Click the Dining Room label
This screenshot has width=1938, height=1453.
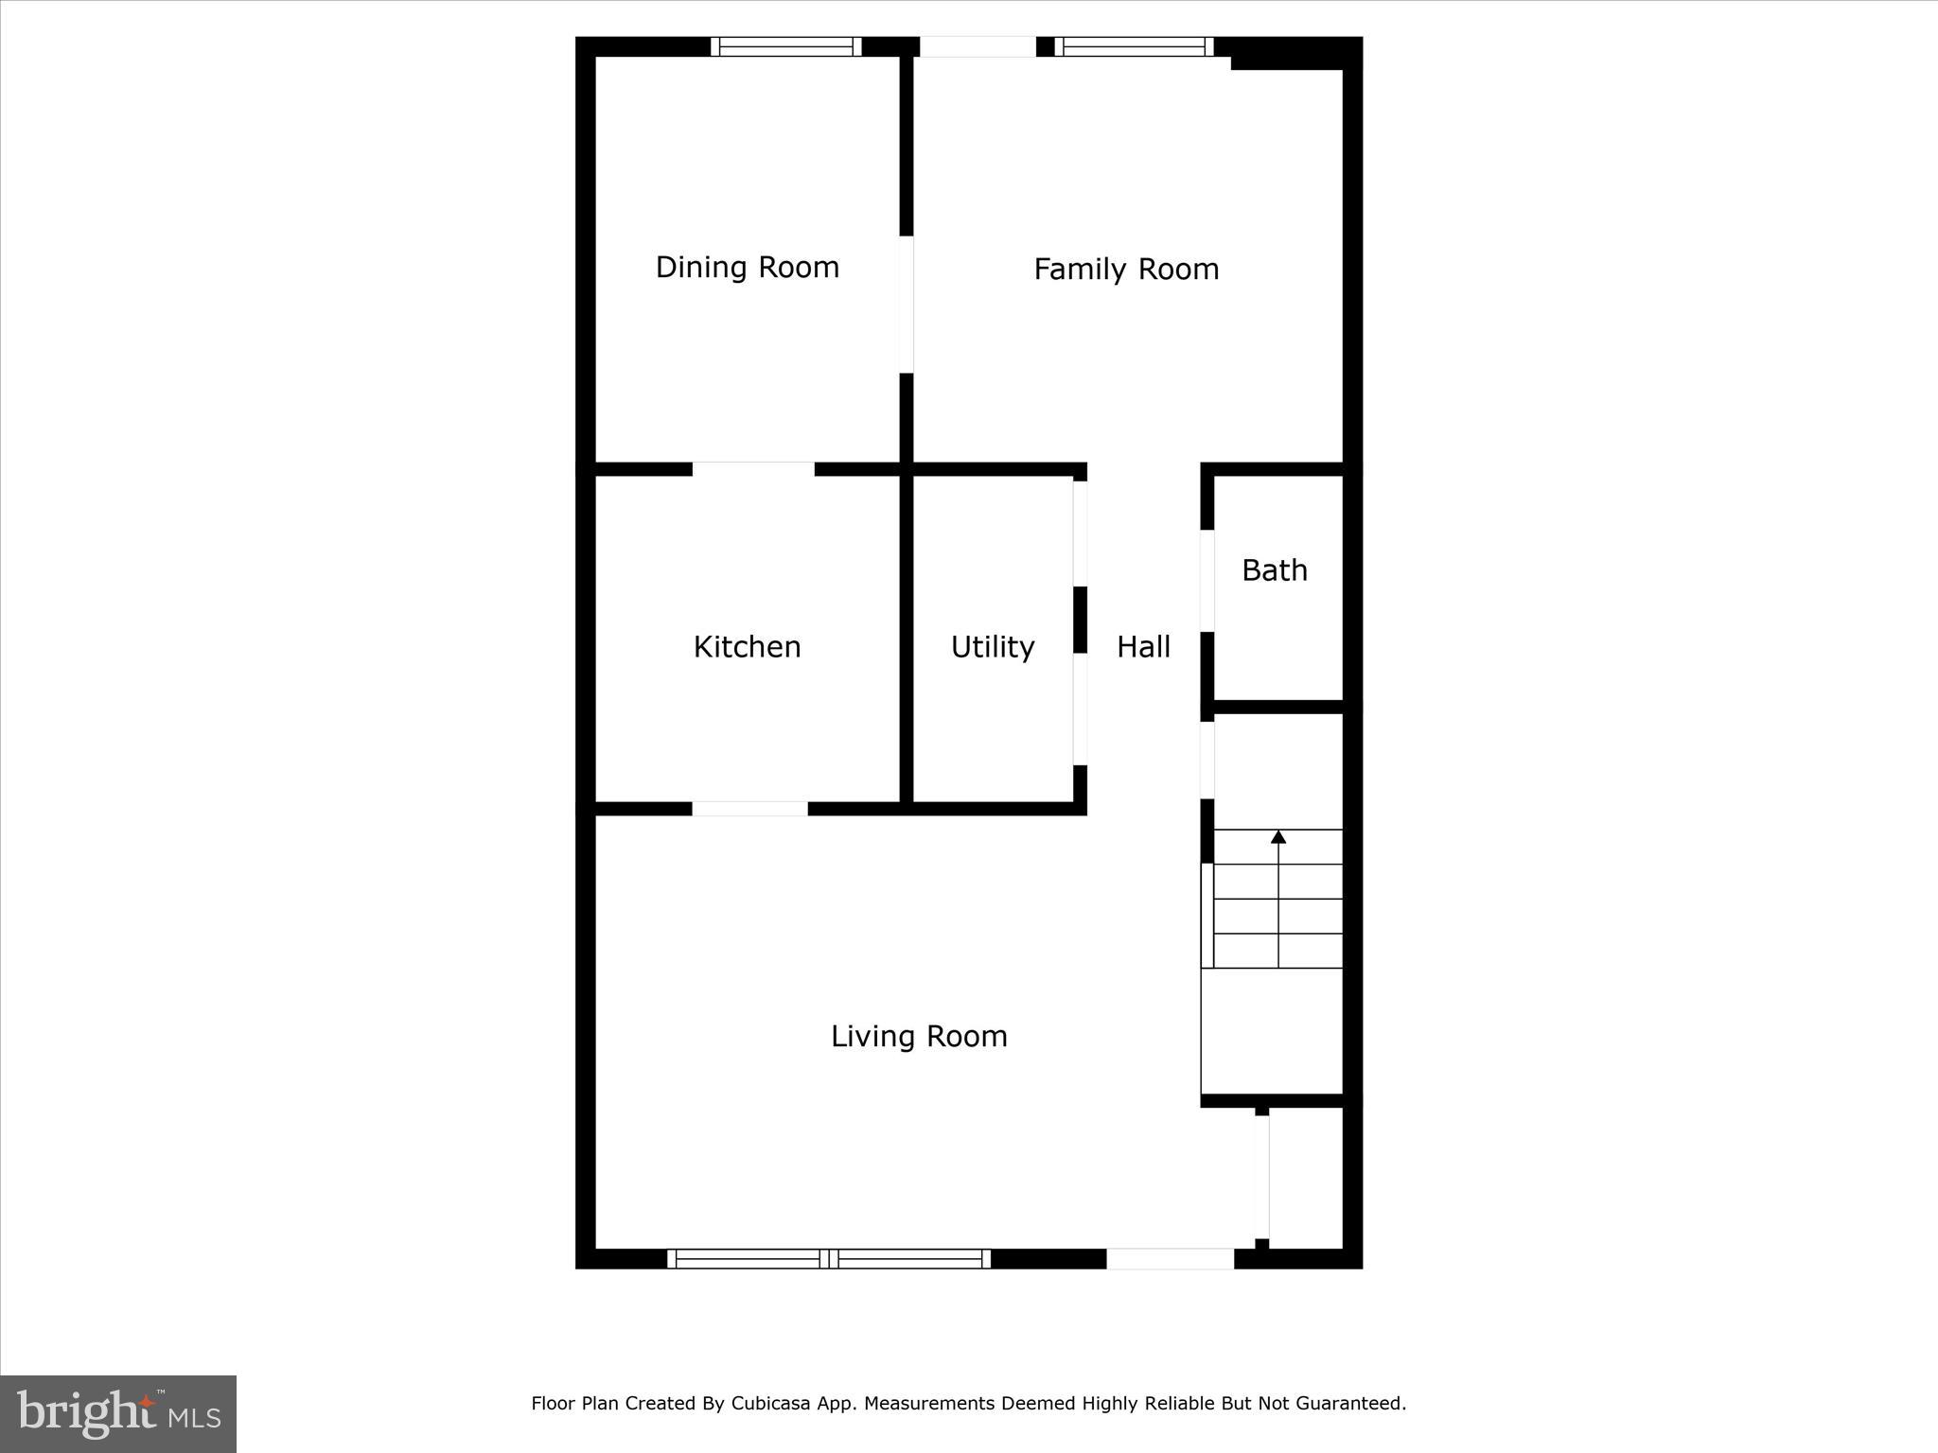(x=748, y=268)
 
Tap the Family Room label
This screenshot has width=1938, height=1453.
(x=1126, y=270)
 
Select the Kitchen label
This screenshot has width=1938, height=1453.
(x=748, y=647)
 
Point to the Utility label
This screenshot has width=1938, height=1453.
(x=993, y=647)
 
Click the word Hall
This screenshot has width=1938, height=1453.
(x=1143, y=647)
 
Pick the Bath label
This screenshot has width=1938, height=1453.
(x=1275, y=570)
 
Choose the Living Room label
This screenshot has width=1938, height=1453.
(x=919, y=1037)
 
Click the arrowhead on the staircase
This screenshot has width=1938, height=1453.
(x=1278, y=836)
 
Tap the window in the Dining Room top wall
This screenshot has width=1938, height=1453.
(x=786, y=46)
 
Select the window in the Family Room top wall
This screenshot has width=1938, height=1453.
(x=1134, y=46)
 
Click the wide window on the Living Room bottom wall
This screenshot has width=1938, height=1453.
(x=829, y=1258)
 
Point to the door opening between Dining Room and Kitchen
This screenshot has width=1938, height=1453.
(x=753, y=469)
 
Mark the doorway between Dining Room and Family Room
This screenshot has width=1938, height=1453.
(x=907, y=305)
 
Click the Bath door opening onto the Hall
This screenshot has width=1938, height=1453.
(x=1207, y=581)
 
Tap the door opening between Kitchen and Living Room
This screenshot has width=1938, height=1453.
(x=749, y=809)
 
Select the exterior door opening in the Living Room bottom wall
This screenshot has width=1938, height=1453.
(x=1171, y=1258)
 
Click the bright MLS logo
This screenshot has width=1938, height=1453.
(x=118, y=1414)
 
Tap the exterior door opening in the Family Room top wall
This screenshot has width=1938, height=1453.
(x=978, y=46)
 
